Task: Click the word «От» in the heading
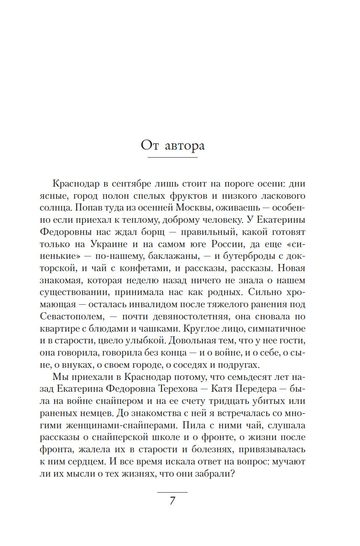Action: [x=149, y=145]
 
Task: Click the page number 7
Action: [x=172, y=501]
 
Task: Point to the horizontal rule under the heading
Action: [x=172, y=158]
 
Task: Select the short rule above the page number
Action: [x=172, y=492]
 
